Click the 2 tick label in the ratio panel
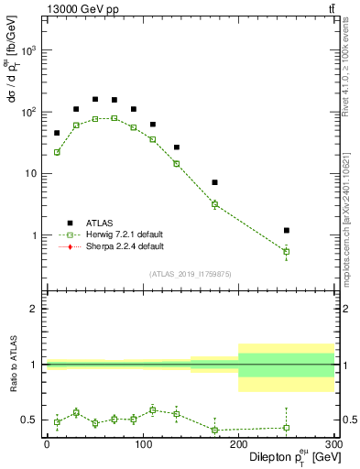point(35,309)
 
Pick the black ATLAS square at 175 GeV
point(214,182)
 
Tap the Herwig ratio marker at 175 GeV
point(214,430)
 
